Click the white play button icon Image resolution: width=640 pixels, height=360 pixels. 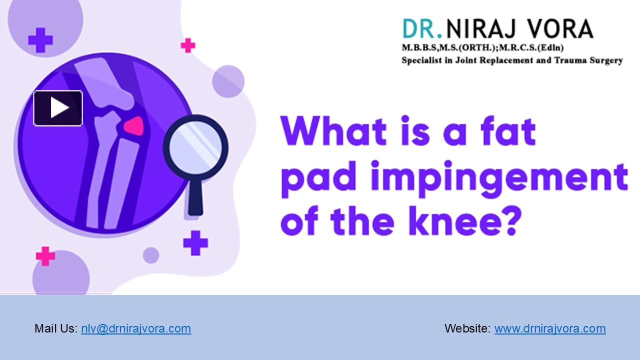click(58, 108)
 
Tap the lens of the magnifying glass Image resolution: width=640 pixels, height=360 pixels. click(195, 148)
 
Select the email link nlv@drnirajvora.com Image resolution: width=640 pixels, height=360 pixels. click(136, 328)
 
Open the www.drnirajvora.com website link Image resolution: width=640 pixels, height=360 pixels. click(550, 328)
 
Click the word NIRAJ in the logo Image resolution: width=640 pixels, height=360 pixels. click(480, 29)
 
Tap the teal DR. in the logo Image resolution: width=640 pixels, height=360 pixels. click(422, 29)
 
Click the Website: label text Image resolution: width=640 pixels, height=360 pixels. click(467, 328)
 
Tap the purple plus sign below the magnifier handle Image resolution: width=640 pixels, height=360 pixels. click(195, 243)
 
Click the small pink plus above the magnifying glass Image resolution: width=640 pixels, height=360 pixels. click(188, 45)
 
